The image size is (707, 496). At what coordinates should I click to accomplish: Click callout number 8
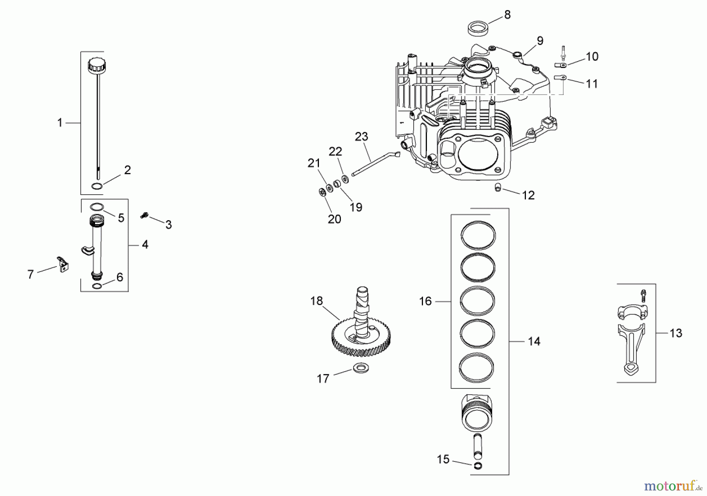click(x=507, y=15)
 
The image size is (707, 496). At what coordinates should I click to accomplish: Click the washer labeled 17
click(x=361, y=368)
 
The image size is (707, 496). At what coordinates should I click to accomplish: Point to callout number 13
click(x=676, y=333)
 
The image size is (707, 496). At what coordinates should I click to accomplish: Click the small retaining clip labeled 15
click(x=478, y=465)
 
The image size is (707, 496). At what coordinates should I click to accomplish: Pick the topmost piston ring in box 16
click(x=478, y=235)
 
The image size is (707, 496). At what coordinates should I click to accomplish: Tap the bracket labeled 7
click(x=62, y=264)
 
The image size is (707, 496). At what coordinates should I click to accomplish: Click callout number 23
click(x=361, y=137)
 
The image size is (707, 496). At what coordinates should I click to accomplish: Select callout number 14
click(x=534, y=341)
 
